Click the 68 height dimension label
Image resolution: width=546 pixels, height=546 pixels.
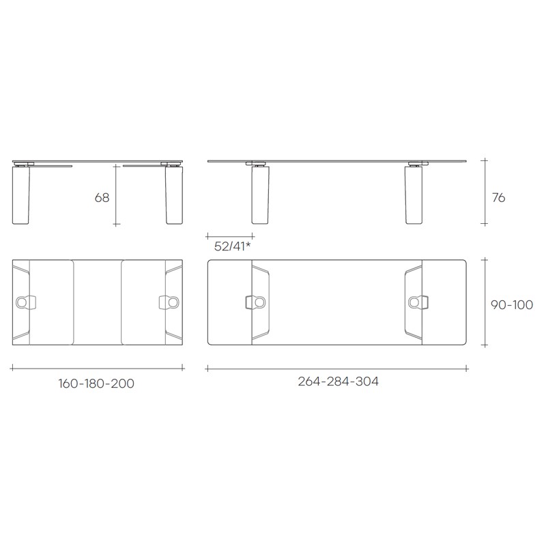[102, 198]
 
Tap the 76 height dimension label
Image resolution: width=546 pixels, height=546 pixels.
[498, 198]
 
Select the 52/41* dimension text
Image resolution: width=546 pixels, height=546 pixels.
[232, 246]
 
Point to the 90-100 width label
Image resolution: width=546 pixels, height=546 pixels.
[511, 305]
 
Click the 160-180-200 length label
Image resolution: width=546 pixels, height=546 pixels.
[96, 384]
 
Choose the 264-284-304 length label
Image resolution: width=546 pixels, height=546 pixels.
[338, 382]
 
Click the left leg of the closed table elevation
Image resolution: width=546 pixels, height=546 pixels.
[21, 195]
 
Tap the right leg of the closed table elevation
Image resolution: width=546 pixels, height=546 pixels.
[174, 195]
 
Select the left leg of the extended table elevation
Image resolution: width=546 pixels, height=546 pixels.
[260, 195]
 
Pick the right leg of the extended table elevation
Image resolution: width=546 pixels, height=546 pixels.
[414, 195]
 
